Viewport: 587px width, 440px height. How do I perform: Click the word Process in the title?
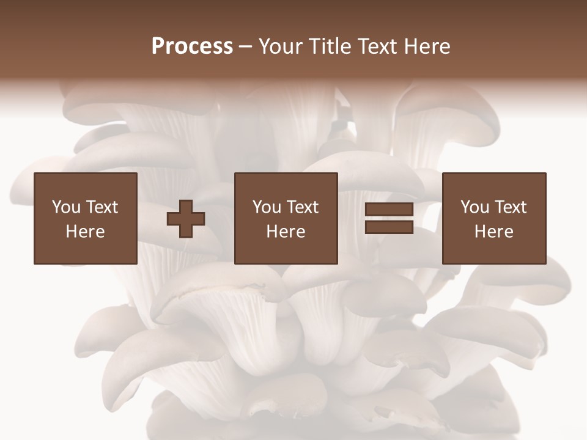pos(192,46)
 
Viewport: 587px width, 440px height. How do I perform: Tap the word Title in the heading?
pos(331,46)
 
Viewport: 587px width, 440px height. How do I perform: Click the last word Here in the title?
pos(427,46)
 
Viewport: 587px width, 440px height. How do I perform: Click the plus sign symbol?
pos(186,218)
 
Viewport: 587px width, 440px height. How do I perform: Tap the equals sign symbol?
pos(389,218)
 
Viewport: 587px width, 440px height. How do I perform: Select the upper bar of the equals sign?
pos(389,210)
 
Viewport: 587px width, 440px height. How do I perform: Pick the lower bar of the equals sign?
pos(389,227)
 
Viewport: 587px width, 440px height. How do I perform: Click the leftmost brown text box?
pos(86,218)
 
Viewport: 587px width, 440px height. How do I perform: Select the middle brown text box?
pos(286,218)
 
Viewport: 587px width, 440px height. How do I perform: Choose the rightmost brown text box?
pos(494,218)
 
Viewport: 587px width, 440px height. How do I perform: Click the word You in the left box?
pos(66,207)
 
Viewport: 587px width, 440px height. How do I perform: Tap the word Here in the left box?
pos(86,232)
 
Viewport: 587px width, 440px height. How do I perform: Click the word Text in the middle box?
pos(303,207)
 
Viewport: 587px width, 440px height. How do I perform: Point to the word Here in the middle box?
pos(286,232)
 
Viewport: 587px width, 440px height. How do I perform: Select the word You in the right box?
pos(474,207)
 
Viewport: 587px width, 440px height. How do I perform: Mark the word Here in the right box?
pos(494,232)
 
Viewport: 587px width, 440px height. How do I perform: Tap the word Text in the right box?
pos(511,207)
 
